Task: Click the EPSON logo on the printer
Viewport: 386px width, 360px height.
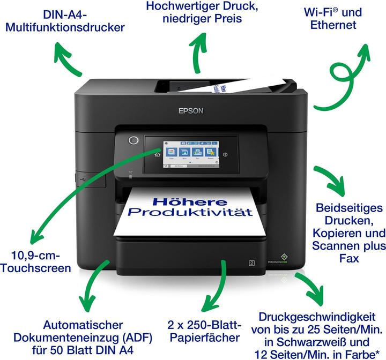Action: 191,111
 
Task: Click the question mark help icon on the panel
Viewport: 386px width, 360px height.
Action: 225,154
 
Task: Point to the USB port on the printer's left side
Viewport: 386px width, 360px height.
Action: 79,174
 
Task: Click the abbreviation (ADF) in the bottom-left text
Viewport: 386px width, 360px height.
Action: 136,337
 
